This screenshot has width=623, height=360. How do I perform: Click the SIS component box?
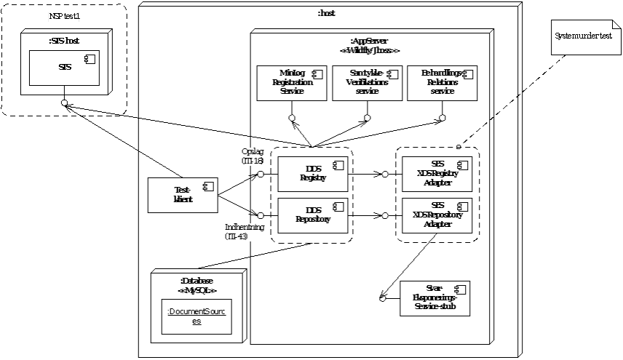[64, 68]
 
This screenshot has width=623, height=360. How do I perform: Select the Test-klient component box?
[183, 196]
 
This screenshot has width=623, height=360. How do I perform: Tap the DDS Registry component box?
[312, 173]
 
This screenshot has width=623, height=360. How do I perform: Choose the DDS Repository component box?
[312, 215]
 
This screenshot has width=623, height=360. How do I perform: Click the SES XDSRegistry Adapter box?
[437, 174]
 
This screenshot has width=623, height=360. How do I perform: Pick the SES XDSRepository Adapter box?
[437, 215]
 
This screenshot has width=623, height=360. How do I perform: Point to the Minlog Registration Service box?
[291, 82]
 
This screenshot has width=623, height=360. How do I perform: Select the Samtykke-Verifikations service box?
[367, 82]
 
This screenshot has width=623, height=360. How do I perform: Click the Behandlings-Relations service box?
[442, 82]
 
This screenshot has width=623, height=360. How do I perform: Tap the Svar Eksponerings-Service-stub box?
[434, 298]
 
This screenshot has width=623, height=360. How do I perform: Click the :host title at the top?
[327, 13]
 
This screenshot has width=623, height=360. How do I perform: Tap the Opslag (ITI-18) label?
[252, 156]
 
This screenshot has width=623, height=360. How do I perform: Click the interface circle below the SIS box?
[65, 103]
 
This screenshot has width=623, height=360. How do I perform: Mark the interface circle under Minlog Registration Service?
[291, 117]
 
